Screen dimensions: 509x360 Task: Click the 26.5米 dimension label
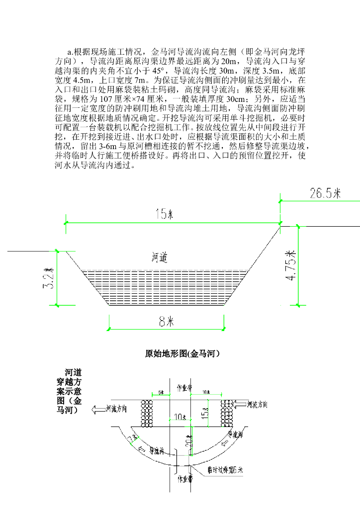click(326, 193)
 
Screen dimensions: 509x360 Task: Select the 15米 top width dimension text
click(164, 215)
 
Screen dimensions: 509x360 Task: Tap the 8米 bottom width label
click(166, 322)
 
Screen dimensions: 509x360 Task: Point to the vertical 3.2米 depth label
click(50, 280)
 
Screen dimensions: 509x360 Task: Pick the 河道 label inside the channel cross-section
click(159, 257)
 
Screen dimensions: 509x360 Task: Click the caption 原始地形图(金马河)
click(182, 354)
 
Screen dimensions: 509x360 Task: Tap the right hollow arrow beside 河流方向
click(240, 405)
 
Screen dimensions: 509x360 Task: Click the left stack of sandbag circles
click(147, 413)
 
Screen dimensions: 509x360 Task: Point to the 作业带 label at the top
click(185, 388)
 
